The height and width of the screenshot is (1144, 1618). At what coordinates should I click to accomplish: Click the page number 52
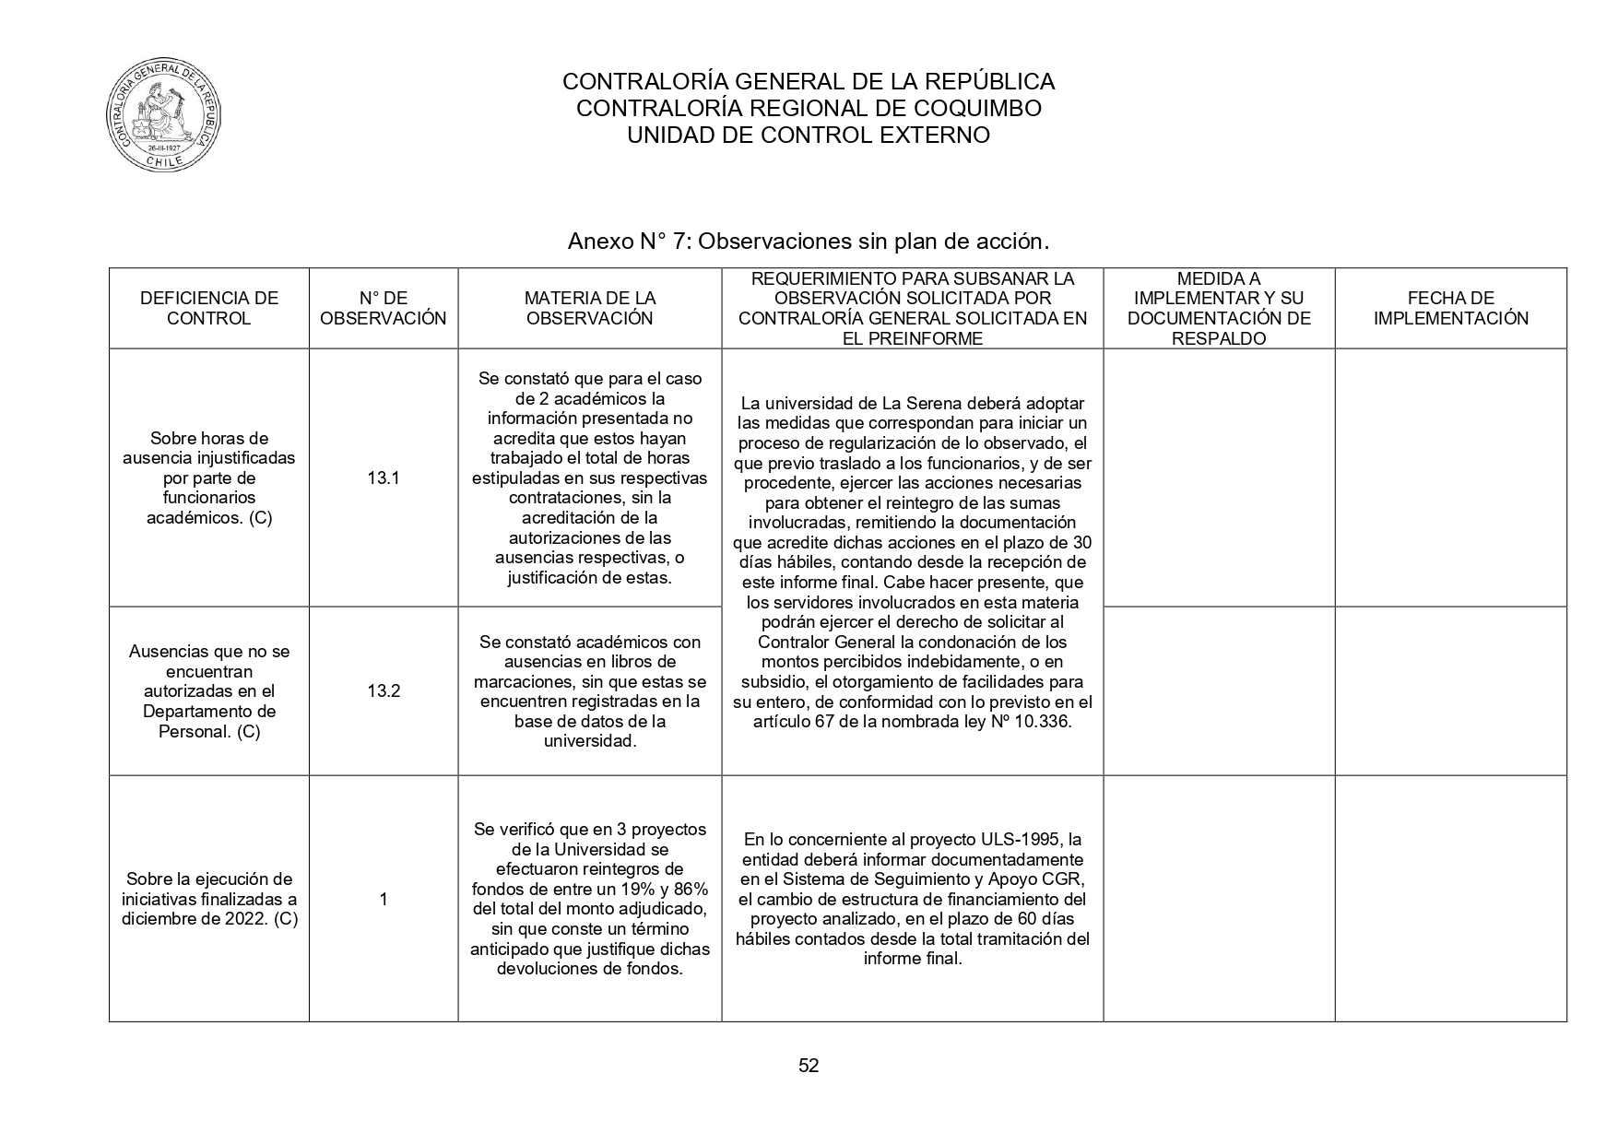tap(809, 1067)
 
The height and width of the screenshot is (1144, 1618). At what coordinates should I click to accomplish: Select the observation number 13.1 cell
tap(383, 478)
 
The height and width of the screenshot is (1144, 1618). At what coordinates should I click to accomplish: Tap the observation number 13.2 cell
tap(383, 691)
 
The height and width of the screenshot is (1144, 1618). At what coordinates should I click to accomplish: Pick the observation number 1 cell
tap(383, 899)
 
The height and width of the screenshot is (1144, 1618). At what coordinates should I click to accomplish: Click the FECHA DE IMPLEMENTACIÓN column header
tap(1450, 309)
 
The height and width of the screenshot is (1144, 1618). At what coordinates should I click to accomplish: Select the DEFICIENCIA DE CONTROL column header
tap(208, 309)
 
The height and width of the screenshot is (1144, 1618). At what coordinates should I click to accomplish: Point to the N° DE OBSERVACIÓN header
tap(383, 309)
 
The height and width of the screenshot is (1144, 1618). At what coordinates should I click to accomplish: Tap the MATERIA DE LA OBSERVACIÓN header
tap(589, 309)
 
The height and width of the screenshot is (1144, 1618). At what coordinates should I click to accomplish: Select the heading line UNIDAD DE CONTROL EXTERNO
tap(808, 136)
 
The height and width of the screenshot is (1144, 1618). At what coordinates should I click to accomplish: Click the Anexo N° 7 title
tap(808, 242)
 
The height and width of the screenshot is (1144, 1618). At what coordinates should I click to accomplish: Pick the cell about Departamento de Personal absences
tap(208, 691)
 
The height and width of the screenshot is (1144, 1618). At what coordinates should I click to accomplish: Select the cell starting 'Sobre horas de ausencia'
tap(208, 478)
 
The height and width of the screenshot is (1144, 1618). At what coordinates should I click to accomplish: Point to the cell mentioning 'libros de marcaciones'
tap(589, 691)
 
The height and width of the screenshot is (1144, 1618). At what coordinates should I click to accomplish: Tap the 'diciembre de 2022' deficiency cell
tap(208, 899)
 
